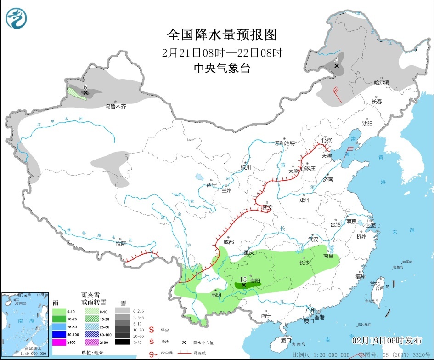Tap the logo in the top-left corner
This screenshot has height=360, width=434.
coord(17,17)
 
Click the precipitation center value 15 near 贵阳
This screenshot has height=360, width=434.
coord(243,279)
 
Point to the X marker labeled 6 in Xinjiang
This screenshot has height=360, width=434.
coord(85,92)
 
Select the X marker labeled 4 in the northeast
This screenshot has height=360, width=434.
coord(337,66)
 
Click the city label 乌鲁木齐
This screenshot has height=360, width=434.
coord(115,106)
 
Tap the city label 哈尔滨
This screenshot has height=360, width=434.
coord(381,83)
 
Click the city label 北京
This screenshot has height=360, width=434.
coord(326,140)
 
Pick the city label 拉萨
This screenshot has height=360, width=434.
coord(120,244)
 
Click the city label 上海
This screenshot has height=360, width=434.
coord(371,225)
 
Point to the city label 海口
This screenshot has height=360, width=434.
coord(286,340)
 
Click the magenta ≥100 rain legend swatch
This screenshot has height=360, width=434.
coord(60,342)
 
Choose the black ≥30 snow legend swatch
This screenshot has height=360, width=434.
coord(122,342)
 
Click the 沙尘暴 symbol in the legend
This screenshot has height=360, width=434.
coord(152,354)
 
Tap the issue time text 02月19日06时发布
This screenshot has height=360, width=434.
coord(387,341)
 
